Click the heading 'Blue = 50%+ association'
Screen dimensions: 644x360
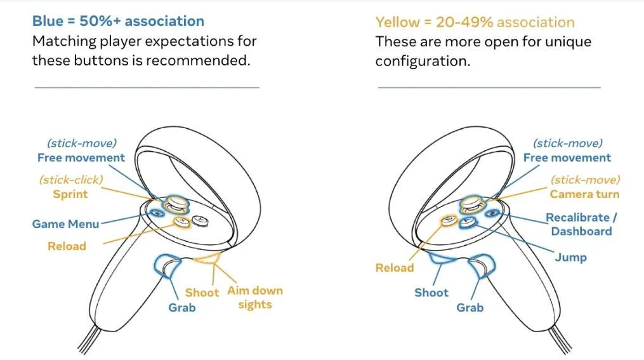(118, 22)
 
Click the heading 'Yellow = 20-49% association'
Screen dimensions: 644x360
(475, 22)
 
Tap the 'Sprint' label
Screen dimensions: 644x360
(70, 194)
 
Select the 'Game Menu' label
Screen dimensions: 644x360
(66, 224)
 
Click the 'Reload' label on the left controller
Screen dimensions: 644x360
(67, 246)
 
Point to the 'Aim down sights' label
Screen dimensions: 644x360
(255, 297)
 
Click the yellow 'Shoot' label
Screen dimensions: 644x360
(202, 293)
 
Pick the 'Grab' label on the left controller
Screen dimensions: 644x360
(182, 307)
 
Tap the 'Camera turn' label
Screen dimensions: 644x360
(584, 194)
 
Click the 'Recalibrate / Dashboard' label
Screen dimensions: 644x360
(581, 224)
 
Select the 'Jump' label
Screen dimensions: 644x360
(571, 258)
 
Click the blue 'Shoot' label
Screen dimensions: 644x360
(431, 293)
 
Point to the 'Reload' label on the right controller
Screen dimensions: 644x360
(395, 268)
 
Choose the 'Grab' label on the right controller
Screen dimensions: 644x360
(470, 307)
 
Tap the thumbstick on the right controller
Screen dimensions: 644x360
(473, 203)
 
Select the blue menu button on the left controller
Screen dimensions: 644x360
(157, 213)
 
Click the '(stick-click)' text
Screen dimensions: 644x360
(71, 180)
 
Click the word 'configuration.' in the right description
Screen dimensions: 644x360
(423, 61)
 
